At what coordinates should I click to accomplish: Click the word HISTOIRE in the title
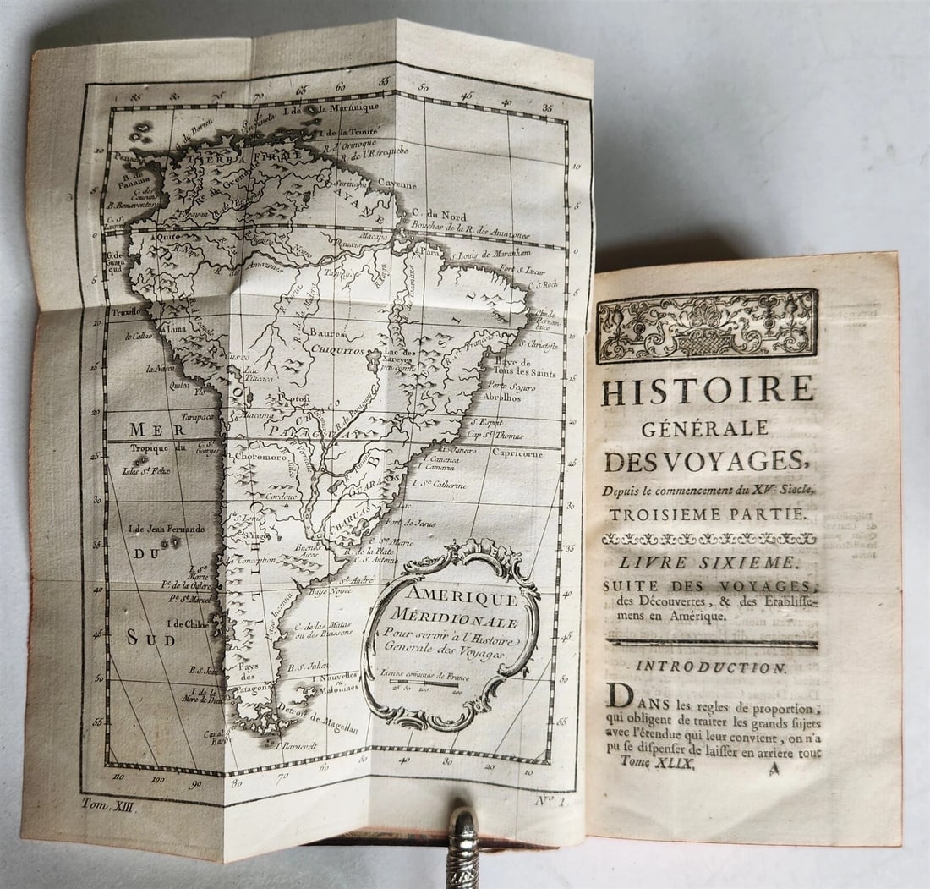point(708,389)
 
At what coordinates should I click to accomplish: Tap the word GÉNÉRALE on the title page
point(705,428)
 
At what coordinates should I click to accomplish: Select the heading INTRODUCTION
point(710,667)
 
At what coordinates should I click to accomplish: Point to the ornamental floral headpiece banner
point(707,326)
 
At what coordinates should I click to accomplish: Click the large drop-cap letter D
point(619,697)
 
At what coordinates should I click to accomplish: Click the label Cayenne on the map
point(397,184)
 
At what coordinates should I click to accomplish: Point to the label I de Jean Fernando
point(166,530)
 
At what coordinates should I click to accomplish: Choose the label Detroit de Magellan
point(319,720)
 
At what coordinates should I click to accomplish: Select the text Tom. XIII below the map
point(109,806)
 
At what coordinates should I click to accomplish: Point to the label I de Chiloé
point(188,623)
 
